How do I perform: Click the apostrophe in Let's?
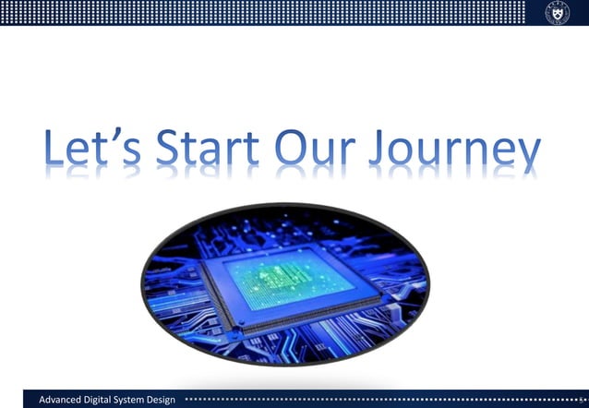[126, 138]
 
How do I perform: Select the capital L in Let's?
[54, 150]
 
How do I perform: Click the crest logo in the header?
[558, 13]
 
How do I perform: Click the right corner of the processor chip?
[381, 298]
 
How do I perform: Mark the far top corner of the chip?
[319, 243]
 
